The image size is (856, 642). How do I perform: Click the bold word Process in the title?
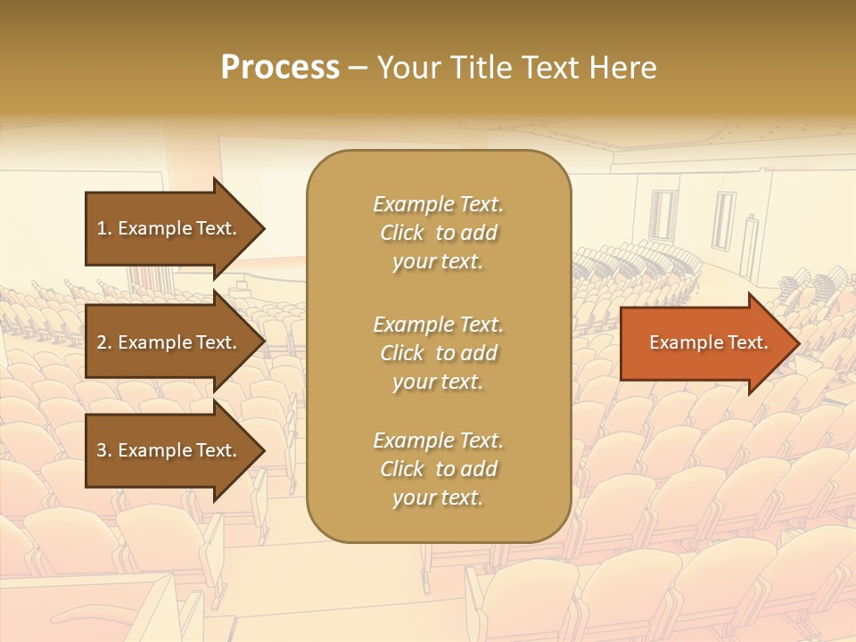pos(280,68)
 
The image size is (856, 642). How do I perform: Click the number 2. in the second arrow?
pos(104,342)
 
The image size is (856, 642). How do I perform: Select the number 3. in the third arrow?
pos(104,450)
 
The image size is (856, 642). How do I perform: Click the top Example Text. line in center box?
pos(438,204)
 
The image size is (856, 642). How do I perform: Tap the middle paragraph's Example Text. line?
pos(438,324)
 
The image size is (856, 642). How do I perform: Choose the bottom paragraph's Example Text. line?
pos(438,440)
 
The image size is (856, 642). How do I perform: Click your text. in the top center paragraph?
pos(438,262)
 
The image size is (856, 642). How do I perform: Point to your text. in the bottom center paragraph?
pos(438,498)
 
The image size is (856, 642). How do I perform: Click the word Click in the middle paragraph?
pos(402,353)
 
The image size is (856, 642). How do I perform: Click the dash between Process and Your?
pos(358,68)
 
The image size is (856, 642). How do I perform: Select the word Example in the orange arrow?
pos(682,342)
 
